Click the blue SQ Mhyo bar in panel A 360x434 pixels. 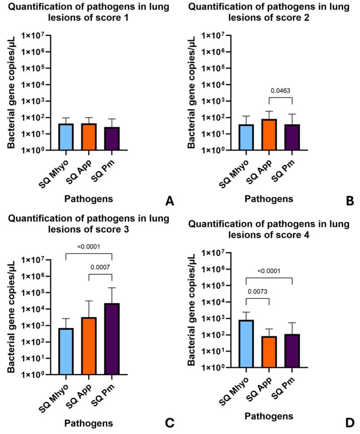pos(66,137)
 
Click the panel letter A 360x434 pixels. pos(169,201)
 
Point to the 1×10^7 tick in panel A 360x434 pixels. pos(33,35)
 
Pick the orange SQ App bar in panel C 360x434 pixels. pos(89,346)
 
